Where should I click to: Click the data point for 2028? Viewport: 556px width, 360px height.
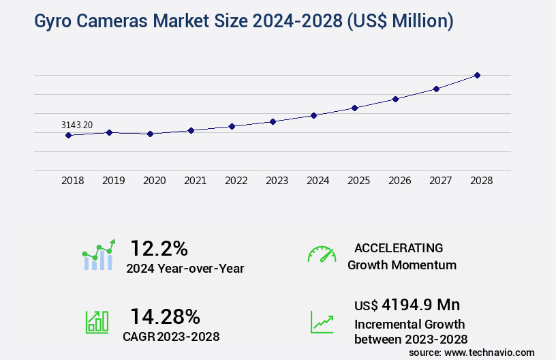(477, 75)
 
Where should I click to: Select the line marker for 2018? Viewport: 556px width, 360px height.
(68, 135)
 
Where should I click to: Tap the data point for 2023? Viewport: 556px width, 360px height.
(273, 121)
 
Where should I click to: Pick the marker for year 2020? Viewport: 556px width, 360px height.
(150, 134)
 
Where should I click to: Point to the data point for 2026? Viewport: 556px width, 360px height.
(395, 99)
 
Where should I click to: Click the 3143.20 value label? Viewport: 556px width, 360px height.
(77, 125)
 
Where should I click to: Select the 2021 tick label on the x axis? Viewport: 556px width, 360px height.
(195, 181)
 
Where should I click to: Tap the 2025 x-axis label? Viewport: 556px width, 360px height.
(358, 181)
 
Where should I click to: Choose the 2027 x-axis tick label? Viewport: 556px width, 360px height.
(440, 181)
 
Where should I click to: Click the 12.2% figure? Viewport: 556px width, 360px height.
(159, 248)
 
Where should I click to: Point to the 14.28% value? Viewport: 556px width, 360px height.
(165, 316)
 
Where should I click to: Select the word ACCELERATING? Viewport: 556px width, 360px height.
(399, 247)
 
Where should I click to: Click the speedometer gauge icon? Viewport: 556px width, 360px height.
(322, 254)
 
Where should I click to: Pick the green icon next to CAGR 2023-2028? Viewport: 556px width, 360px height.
(97, 322)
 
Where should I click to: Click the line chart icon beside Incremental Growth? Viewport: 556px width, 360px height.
(322, 322)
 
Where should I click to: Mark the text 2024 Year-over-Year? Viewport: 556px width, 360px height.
(185, 269)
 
